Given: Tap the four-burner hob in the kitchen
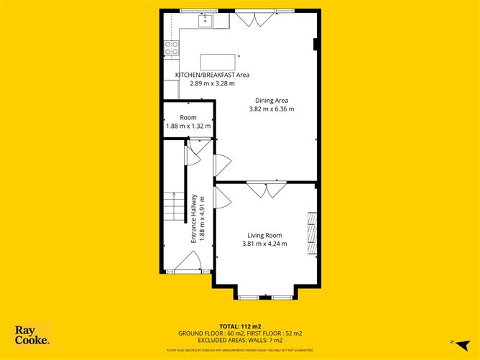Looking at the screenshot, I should pyautogui.click(x=171, y=47).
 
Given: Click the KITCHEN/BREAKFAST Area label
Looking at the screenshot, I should pyautogui.click(x=212, y=75).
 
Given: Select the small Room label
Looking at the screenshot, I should pyautogui.click(x=188, y=117).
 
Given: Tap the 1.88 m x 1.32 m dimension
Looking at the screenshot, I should pyautogui.click(x=188, y=126).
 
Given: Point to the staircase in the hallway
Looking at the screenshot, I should pyautogui.click(x=172, y=208).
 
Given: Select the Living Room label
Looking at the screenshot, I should pyautogui.click(x=264, y=235).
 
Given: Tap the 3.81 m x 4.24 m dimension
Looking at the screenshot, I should pyautogui.click(x=264, y=244).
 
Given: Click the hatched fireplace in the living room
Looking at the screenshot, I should pyautogui.click(x=311, y=232).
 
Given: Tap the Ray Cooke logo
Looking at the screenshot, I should pyautogui.click(x=32, y=336).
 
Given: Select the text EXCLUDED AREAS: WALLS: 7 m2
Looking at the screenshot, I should pyautogui.click(x=239, y=340).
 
